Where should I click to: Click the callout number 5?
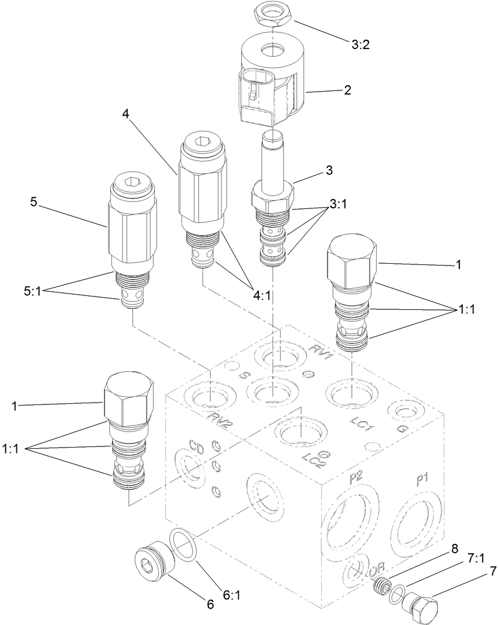click(34, 202)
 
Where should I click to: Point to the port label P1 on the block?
click(422, 480)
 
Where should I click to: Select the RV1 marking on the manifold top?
click(321, 352)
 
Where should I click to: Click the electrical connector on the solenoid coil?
click(256, 96)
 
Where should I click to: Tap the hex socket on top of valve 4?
click(202, 141)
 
